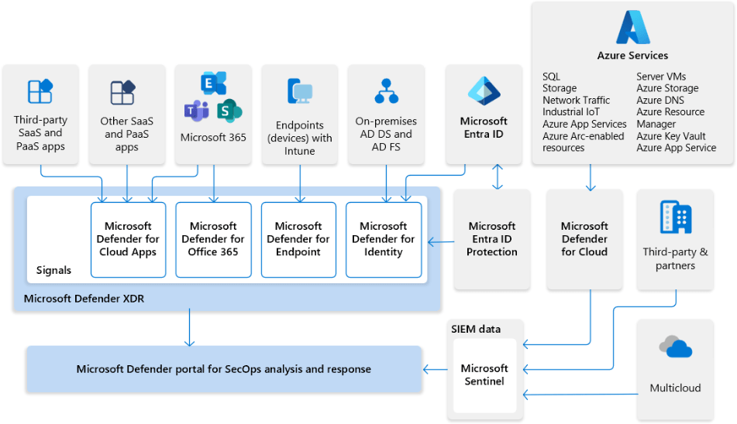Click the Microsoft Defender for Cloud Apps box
pos(129,239)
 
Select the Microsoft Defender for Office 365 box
pos(213,239)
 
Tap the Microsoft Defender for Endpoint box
pos(298,239)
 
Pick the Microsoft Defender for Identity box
pos(384,239)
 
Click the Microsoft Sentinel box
pos(484,374)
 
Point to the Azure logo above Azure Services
pos(632,28)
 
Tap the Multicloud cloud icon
pos(674,347)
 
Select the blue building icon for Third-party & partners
pos(675,217)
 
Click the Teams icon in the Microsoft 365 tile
pos(196,110)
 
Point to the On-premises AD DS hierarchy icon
pos(386,91)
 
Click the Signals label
pos(53,270)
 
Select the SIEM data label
pos(476,329)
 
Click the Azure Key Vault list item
pos(670,136)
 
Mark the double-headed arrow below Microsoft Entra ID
pos(498,176)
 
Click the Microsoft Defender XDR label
pos(84,298)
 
